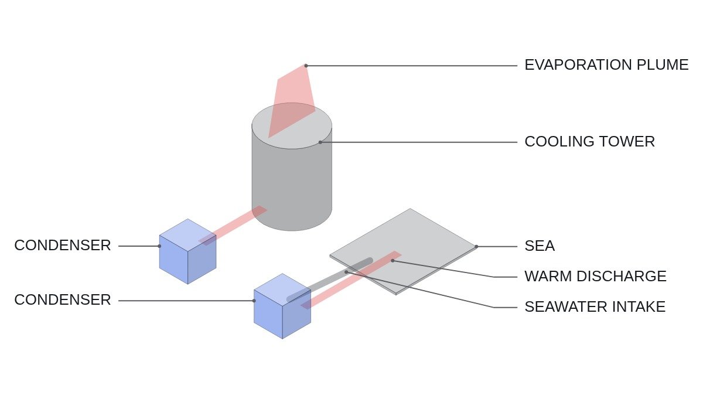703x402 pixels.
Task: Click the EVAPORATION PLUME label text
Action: coord(606,65)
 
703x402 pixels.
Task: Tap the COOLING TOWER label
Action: coord(590,142)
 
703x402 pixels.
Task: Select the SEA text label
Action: coord(540,246)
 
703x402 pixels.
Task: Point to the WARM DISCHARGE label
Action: coord(595,276)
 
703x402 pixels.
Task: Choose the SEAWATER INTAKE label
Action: coord(595,306)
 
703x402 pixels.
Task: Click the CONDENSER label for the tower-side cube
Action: coord(63,246)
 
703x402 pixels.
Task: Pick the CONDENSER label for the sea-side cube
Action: coord(63,299)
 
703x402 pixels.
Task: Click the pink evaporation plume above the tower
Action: coord(292,100)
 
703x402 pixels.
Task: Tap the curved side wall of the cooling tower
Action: coord(292,188)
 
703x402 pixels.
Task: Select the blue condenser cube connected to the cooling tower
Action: coord(187,251)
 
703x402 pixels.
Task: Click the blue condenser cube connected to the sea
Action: coord(282,306)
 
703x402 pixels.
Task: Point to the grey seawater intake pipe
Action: coord(330,280)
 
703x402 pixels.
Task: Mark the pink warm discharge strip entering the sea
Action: coord(351,280)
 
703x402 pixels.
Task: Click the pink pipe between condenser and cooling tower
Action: coord(233,226)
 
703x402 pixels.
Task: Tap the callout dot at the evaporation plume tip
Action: coord(306,66)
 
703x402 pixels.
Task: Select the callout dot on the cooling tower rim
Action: coord(320,142)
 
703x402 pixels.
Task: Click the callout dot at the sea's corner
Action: coord(476,247)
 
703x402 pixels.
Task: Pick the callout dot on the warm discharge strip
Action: coord(393,260)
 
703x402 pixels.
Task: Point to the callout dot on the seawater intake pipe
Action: coord(346,272)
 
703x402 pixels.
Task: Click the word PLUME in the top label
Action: coord(663,65)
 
